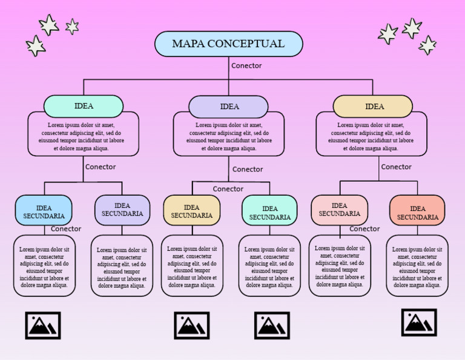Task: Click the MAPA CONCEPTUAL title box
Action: [x=228, y=44]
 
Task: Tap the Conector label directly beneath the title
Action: [x=246, y=65]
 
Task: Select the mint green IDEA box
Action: [x=84, y=106]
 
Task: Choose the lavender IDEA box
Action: [x=228, y=107]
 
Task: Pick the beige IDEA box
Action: [x=373, y=107]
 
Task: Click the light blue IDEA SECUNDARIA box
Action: [x=44, y=211]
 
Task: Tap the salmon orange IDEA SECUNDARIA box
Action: [x=417, y=212]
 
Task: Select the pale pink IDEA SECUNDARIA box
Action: [x=339, y=210]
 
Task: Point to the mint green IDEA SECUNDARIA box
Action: [x=269, y=212]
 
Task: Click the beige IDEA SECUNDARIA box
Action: [x=191, y=211]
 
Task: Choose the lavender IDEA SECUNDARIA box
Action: [x=122, y=210]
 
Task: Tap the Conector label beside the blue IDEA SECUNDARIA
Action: [x=66, y=229]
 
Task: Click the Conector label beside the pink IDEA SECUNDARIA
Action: [x=364, y=229]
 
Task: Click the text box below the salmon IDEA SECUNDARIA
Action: [x=417, y=267]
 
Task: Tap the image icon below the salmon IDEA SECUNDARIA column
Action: [x=419, y=322]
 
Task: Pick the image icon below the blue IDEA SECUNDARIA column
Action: [x=43, y=325]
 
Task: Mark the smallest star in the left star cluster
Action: [x=72, y=26]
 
